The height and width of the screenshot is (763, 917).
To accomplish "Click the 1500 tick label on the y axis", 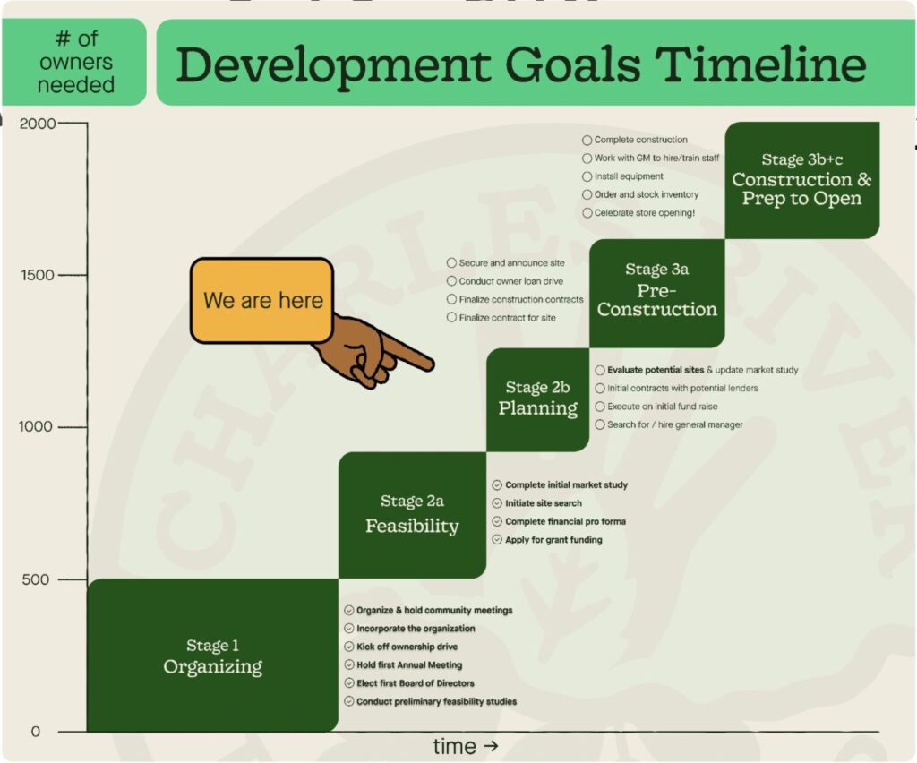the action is point(38,275).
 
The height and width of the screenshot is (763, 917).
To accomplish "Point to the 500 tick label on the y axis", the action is point(35,579).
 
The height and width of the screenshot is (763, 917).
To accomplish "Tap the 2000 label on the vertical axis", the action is point(38,124).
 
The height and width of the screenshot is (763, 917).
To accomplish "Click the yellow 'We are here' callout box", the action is point(262,301).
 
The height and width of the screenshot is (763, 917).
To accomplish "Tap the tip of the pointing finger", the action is point(432,366).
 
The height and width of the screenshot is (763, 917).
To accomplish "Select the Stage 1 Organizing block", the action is point(213,656).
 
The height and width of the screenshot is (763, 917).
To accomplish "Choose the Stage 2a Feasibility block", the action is point(412,515).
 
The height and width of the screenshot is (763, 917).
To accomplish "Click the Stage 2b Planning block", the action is point(538,400).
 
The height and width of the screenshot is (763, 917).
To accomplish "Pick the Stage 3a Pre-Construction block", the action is point(657,294).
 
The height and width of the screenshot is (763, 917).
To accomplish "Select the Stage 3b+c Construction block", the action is point(802,180).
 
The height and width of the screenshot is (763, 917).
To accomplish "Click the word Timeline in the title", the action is point(759,64).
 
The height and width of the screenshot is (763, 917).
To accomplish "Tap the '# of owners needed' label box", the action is point(74,62).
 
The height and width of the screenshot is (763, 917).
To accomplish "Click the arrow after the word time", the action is point(491,746).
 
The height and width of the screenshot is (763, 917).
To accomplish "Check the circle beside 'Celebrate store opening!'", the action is point(587,213).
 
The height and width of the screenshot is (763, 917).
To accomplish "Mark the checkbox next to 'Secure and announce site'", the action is point(451,263).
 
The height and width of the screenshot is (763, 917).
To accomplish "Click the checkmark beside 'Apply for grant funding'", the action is point(497,540).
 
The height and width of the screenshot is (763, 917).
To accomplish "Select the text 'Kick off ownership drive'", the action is point(407,647).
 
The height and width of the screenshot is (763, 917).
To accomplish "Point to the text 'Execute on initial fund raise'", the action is point(662,407).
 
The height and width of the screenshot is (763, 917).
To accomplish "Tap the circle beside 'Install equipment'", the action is point(587,176).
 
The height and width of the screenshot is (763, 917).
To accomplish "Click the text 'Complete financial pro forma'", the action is point(566,521).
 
